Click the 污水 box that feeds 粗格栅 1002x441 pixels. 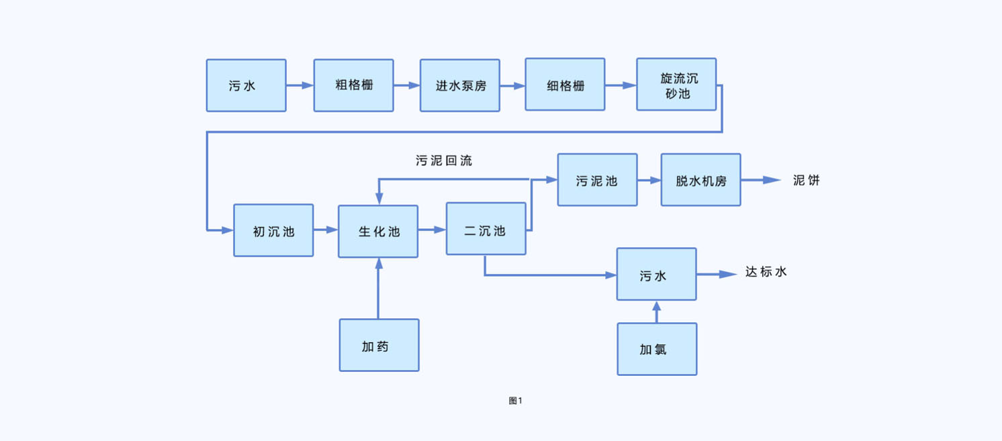246,85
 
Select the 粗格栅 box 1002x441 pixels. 353,85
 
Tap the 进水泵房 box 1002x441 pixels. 460,85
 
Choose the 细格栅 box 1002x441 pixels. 565,85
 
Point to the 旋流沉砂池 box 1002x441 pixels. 676,85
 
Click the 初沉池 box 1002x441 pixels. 273,231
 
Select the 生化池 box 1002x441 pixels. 378,232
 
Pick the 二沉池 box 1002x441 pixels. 486,230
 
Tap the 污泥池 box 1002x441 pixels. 597,180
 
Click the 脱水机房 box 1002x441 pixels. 700,180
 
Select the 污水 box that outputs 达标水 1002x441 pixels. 656,275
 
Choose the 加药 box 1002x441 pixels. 379,346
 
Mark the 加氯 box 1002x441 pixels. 657,350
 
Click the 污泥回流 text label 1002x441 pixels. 443,161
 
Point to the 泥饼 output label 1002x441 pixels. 806,181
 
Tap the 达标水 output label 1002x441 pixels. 766,273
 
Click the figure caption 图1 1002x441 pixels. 515,401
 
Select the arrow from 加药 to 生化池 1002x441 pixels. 379,289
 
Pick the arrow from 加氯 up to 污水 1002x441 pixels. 657,312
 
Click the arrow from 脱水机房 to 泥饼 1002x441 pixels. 760,180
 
